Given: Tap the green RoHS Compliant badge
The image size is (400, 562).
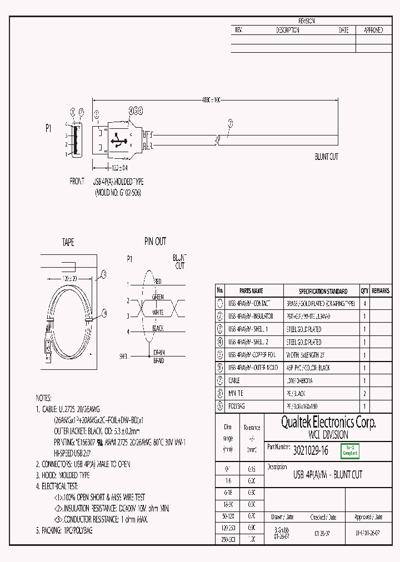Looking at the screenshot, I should [350, 451].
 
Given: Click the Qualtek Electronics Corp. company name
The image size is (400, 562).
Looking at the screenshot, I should [328, 423].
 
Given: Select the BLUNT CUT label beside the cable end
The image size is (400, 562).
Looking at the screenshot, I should [326, 157].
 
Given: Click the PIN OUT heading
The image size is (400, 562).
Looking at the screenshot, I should [155, 242].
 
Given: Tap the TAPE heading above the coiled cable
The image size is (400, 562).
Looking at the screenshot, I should [68, 243].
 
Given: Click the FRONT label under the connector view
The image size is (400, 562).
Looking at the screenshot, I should [77, 182].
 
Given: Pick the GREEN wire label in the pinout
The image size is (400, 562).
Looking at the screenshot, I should [158, 297].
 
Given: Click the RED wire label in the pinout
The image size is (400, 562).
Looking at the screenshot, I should [158, 282].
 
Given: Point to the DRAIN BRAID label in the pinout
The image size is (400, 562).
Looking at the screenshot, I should [159, 357].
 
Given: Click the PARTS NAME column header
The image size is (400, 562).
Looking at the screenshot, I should [251, 291].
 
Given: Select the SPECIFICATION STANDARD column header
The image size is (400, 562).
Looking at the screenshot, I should [323, 291].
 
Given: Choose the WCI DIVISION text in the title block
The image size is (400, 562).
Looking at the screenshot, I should [328, 435].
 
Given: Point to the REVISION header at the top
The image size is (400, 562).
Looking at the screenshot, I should [307, 21].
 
